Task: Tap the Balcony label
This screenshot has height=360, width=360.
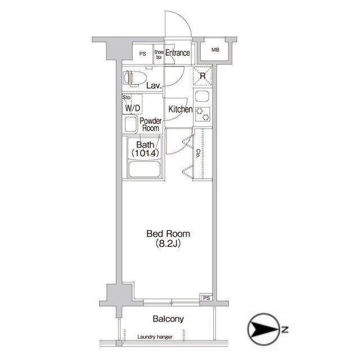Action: click(168, 319)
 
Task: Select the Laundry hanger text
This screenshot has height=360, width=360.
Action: click(155, 337)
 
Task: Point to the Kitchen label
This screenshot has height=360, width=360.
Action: click(181, 109)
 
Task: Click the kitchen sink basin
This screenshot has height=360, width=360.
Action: click(202, 96)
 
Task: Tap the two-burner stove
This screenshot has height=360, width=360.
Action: click(202, 114)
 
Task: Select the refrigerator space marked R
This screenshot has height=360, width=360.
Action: click(202, 76)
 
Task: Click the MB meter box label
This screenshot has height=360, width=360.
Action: click(215, 49)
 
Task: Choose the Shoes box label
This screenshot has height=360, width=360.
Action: click(159, 55)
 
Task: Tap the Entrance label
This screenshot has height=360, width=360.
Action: click(178, 53)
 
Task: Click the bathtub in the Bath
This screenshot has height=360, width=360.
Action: click(145, 169)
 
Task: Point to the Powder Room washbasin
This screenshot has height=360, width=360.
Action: click(131, 125)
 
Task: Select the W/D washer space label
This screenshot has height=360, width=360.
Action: click(133, 108)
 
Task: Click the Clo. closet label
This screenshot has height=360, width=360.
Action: click(198, 154)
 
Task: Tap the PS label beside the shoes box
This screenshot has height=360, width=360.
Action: click(142, 54)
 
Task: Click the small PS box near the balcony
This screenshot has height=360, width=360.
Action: click(206, 298)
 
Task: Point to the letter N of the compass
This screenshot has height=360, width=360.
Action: click(285, 330)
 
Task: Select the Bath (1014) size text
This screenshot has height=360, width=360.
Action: click(145, 148)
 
